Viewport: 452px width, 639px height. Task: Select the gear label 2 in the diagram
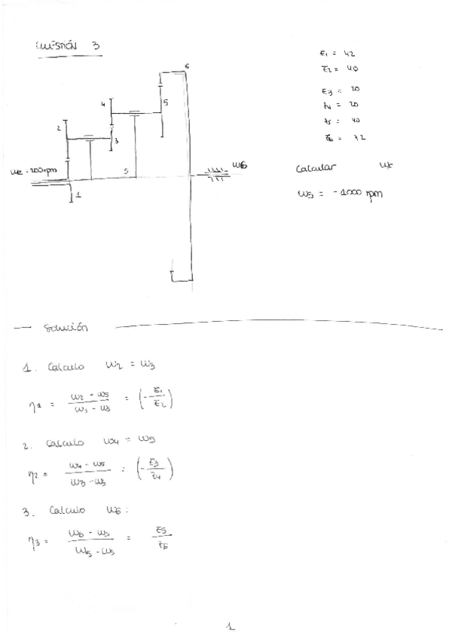click(58, 129)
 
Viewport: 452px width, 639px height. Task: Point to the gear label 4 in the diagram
click(102, 105)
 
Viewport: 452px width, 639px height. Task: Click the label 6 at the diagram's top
click(186, 67)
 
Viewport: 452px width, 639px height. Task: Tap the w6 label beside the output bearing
click(240, 165)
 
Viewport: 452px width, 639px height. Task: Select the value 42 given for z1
click(349, 54)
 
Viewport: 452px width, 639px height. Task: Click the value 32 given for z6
click(359, 137)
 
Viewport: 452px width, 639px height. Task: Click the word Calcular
click(316, 168)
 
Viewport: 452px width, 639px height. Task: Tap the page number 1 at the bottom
click(231, 625)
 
